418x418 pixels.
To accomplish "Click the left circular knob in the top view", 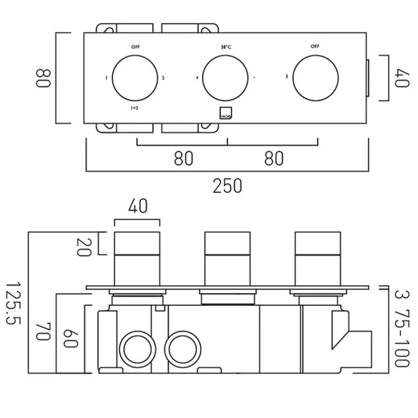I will [x=134, y=77].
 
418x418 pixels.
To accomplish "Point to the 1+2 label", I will [x=134, y=109].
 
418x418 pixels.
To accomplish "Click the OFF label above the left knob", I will [x=134, y=47].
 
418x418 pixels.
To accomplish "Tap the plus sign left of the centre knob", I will [x=197, y=77].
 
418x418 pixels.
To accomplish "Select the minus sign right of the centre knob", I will [x=256, y=77].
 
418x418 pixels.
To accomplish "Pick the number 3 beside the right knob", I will [x=288, y=77].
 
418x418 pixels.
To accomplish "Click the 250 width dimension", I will [x=227, y=186].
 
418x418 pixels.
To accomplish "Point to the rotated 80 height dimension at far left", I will [x=43, y=77].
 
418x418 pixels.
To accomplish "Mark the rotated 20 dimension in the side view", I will [x=83, y=245].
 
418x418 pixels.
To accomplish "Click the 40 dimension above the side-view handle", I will [x=137, y=206].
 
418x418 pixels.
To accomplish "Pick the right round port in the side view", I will [x=182, y=346].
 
